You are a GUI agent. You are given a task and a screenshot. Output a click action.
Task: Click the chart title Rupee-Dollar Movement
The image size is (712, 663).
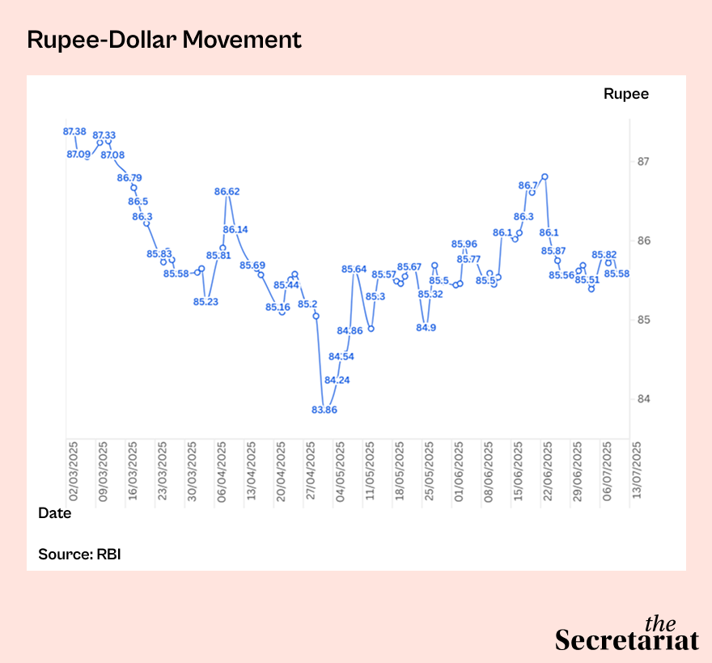point(164,40)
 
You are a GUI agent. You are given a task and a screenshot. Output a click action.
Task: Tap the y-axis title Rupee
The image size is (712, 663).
point(625,94)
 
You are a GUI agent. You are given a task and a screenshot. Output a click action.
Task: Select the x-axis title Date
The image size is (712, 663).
point(55,513)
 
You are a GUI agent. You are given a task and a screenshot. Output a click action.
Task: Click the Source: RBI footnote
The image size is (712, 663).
point(79,555)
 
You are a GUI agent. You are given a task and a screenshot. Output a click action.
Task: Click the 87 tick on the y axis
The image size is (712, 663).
point(644,162)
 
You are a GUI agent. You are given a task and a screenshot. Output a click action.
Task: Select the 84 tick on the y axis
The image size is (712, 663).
point(644,399)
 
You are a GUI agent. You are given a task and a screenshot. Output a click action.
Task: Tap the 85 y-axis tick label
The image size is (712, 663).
point(644,320)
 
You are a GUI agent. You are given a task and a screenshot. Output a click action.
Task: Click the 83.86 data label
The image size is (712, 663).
point(324,410)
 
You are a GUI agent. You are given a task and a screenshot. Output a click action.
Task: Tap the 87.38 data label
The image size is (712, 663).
point(75,131)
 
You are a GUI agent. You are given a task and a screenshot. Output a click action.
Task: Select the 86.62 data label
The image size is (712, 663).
point(227,192)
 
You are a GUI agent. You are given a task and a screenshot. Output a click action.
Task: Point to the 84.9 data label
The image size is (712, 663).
point(426,327)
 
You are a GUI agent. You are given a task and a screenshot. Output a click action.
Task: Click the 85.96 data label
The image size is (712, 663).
point(464,244)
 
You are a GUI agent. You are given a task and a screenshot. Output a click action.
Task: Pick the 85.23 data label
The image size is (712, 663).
point(206,302)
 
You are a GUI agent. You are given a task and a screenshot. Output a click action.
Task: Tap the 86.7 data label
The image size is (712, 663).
point(527,185)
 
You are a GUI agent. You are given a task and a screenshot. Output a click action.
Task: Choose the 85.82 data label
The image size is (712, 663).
point(604,254)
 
